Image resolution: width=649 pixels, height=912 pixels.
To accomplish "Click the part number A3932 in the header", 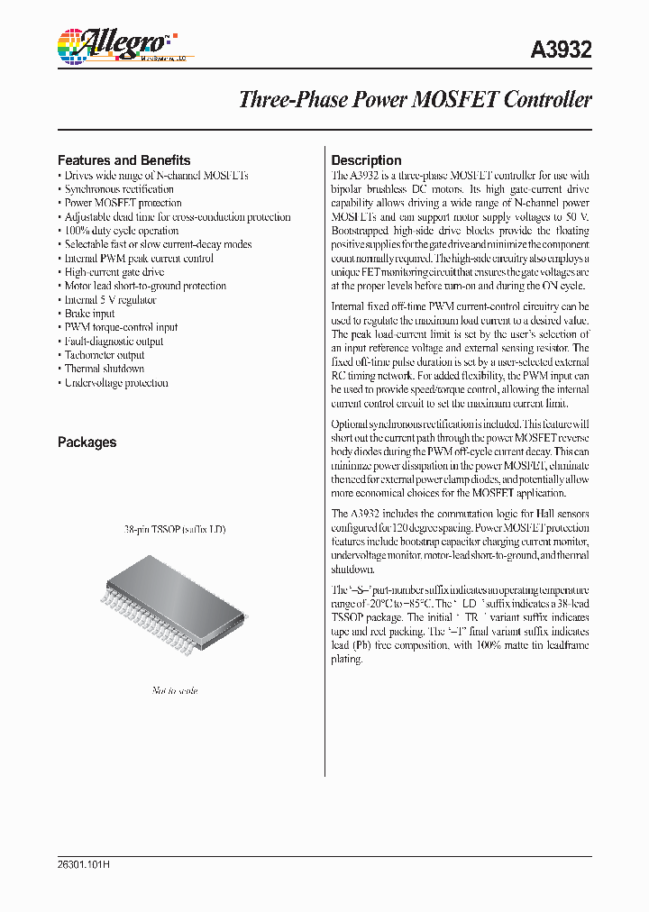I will point(562,50).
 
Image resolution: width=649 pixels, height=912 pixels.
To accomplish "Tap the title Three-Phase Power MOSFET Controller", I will point(415,99).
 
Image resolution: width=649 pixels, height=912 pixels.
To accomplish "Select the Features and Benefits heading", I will point(123,160).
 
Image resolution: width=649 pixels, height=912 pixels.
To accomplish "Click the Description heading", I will point(366,160).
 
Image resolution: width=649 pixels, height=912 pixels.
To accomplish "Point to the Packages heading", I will point(87,442).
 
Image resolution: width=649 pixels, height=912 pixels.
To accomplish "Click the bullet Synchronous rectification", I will point(118,189).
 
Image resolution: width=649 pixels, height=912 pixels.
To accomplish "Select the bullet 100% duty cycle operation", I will point(121,231).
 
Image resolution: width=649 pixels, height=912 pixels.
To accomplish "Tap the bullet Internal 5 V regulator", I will point(110,300).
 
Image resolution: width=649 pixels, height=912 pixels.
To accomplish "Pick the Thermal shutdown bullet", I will point(104,369).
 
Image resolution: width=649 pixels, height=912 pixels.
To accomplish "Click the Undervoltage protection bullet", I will point(115,383).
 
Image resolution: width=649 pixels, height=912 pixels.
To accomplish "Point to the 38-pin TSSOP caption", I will point(175,529).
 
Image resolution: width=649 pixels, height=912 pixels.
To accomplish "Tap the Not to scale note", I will point(174,690).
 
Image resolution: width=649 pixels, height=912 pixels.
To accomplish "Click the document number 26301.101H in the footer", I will point(83,864).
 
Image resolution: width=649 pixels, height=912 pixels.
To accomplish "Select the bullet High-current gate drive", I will point(114,272).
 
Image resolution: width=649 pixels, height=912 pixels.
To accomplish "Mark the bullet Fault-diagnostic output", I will point(114,342).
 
